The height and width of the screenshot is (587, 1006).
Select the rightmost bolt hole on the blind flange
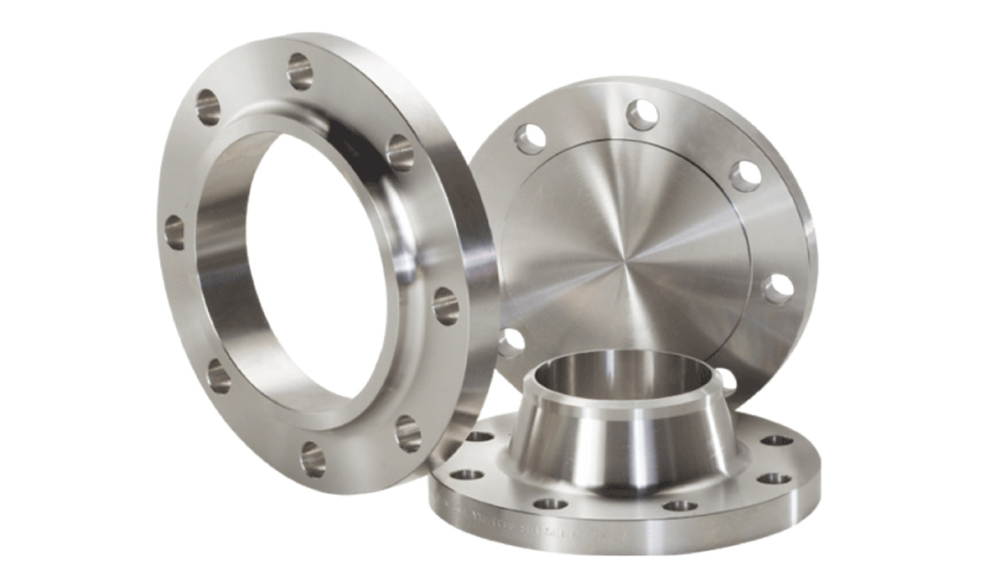point(777,288)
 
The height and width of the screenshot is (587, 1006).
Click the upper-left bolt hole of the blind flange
point(531,139)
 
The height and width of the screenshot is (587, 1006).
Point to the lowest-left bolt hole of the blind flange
point(510,342)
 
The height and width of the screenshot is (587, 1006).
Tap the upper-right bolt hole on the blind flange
point(744,176)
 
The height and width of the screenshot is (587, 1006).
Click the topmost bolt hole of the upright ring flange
point(299,71)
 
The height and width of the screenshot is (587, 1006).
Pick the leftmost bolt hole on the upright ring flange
point(174,231)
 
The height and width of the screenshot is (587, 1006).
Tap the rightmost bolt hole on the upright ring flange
point(445,305)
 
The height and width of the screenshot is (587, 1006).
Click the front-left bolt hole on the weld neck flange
point(550,504)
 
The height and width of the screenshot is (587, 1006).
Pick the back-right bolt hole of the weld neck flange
point(777,440)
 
